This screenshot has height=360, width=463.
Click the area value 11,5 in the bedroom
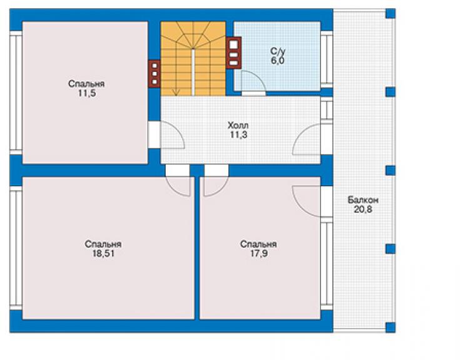[x=87, y=93]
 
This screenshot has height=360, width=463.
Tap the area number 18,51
[x=103, y=254]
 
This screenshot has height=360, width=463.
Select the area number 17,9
[x=259, y=254]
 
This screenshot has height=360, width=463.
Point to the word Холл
[x=238, y=125]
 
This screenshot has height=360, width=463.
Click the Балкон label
[x=363, y=200]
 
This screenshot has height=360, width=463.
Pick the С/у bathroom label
[x=278, y=51]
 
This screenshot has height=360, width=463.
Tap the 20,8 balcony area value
[x=363, y=210]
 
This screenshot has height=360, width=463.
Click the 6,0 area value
[x=278, y=61]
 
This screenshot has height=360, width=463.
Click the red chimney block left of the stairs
[x=154, y=74]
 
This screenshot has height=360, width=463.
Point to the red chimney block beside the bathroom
[x=233, y=53]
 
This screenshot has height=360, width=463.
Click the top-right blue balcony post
[x=390, y=14]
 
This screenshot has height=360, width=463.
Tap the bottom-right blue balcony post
[x=390, y=327]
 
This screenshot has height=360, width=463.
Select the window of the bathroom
[x=327, y=59]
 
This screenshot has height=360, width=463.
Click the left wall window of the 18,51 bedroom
[x=16, y=248]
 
